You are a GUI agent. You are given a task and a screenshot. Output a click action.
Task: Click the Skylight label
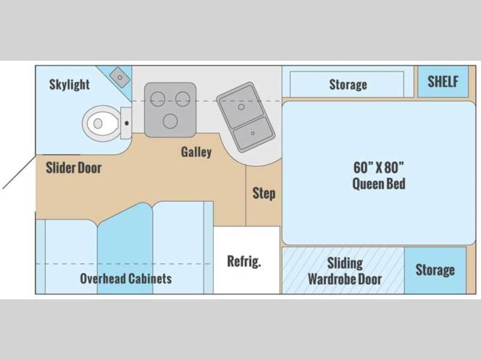(x=69, y=84)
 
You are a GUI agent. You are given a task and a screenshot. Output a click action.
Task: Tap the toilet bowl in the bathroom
(x=101, y=123)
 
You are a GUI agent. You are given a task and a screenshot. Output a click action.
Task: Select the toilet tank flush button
(x=126, y=123)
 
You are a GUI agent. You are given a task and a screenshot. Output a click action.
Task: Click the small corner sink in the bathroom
(x=120, y=78)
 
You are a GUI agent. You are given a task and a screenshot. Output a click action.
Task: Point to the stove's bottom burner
(x=170, y=121)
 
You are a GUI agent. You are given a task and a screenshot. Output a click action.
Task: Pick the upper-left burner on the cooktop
(x=158, y=99)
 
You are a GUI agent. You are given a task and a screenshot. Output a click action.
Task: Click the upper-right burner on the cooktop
(x=183, y=99)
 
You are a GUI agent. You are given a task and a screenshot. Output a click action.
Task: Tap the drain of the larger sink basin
(x=241, y=107)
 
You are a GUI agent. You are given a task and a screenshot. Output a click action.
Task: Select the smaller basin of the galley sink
(x=253, y=133)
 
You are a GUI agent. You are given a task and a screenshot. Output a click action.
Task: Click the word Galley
(x=197, y=152)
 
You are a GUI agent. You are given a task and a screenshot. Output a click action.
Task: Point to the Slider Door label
(x=73, y=168)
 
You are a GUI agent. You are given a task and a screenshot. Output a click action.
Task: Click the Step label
(x=264, y=194)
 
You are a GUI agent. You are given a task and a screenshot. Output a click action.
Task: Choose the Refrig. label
(x=244, y=261)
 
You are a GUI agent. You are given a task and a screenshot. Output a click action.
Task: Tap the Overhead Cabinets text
(x=126, y=278)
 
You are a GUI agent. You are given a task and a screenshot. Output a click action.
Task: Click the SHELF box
(x=443, y=82)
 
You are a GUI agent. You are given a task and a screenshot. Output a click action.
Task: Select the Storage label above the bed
(x=348, y=85)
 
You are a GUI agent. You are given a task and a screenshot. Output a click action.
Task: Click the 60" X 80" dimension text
(x=379, y=168)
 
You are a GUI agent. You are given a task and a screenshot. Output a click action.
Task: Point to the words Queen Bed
(x=379, y=184)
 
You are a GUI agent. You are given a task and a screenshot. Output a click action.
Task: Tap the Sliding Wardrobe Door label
(x=345, y=271)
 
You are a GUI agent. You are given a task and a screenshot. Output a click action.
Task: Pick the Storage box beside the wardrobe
(x=435, y=270)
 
